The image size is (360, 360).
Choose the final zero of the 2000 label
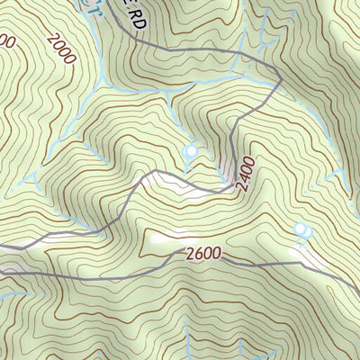tap(72, 58)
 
